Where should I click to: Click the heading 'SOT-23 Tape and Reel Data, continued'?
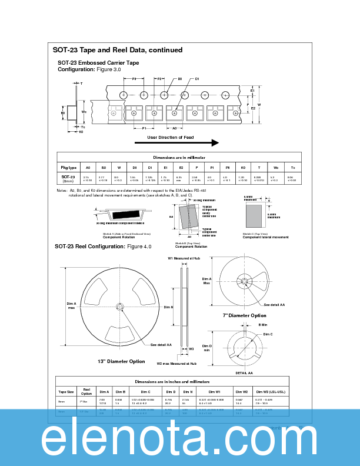pos(118,50)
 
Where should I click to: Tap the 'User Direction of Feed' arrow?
pos(176,142)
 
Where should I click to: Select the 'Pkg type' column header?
pos(68,168)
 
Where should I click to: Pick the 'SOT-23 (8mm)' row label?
pos(68,178)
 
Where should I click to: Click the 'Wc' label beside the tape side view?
pos(84,111)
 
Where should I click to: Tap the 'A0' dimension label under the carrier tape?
pos(175,128)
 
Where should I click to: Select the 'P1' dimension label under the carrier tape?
pos(144,128)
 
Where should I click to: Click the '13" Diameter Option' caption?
pos(121,361)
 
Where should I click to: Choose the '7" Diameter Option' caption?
pos(244,315)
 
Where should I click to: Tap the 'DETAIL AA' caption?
pos(244,373)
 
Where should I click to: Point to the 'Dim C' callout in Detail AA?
pos(268,334)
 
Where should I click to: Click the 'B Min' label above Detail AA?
pos(263,324)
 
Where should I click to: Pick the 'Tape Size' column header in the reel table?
pos(66,391)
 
